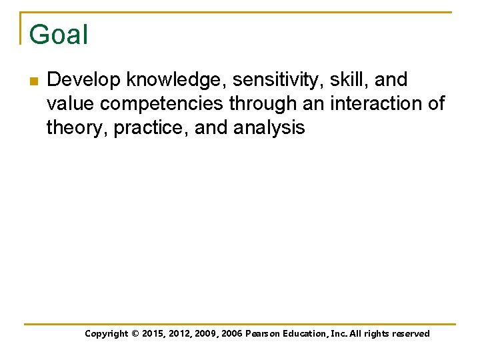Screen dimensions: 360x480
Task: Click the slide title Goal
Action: pos(59,35)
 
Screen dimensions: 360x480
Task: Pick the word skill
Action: pos(349,80)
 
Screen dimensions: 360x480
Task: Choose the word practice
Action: pos(151,128)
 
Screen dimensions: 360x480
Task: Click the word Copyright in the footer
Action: pos(107,333)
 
